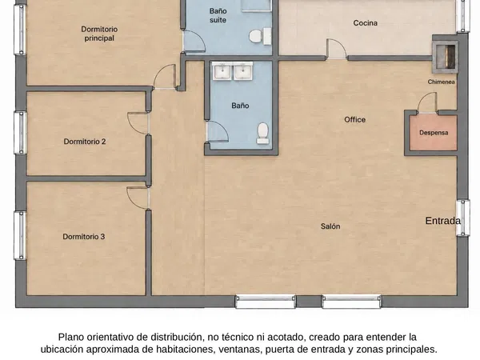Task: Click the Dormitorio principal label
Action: (99, 34)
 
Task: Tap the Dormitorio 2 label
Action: (85, 142)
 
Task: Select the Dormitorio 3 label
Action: (83, 237)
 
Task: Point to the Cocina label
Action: (366, 23)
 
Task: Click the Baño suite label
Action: (218, 16)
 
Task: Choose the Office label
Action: (354, 120)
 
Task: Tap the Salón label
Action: (330, 226)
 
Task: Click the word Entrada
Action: (442, 221)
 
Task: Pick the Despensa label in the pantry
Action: (434, 133)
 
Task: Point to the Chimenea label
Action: (441, 82)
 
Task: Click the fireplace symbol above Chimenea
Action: (445, 54)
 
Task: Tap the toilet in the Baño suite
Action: (260, 36)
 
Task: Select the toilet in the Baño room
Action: (263, 134)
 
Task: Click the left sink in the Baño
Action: (222, 72)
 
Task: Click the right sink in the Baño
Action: (243, 72)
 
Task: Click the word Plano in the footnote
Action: (71, 337)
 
